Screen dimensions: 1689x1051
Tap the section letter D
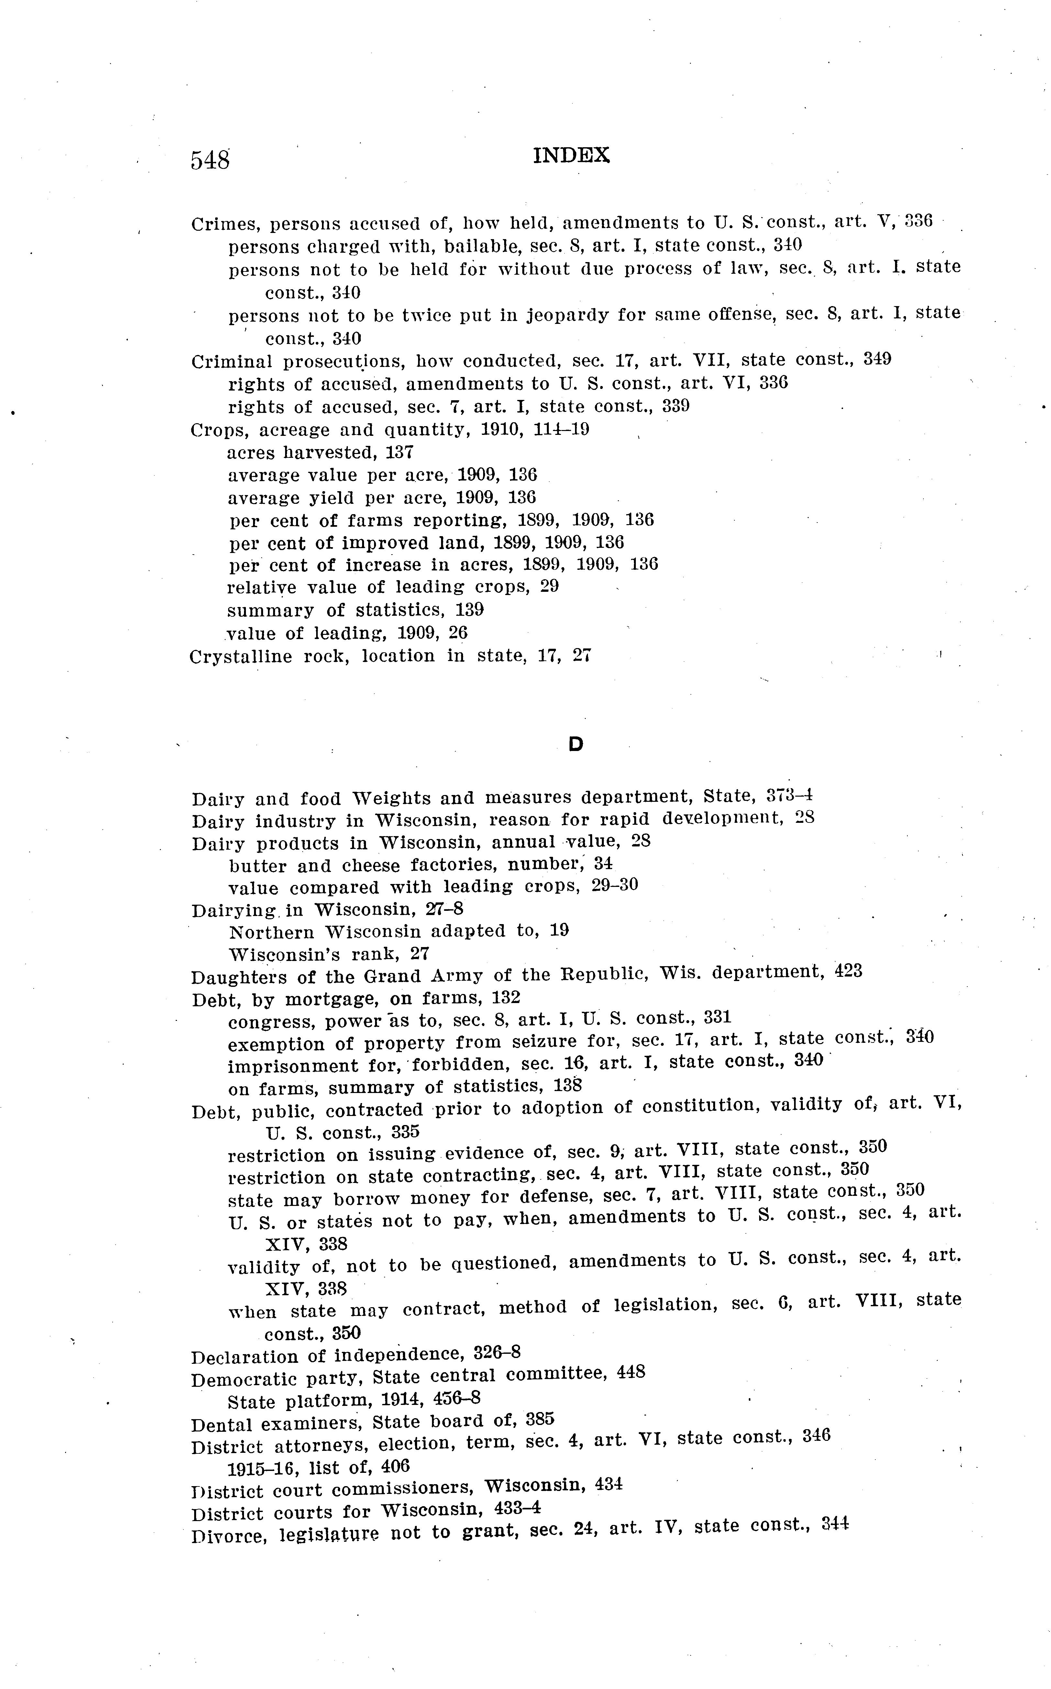[x=576, y=745]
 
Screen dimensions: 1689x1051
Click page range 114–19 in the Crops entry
[x=561, y=430]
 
